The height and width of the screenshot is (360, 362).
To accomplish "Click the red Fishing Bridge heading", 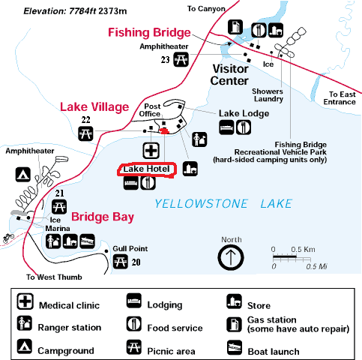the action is [149, 33].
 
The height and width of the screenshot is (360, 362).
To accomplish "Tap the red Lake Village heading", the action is [94, 107].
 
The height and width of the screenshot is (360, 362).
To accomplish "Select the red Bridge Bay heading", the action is [103, 217].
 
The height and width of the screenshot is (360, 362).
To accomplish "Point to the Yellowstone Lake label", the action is [223, 204].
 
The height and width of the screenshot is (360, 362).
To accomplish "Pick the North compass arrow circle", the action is [231, 257].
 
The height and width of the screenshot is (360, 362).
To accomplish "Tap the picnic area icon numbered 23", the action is [181, 59].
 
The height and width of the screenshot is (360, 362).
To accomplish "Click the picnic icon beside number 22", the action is [85, 133].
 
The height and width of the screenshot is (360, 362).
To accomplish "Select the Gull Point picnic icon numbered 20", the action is [121, 262].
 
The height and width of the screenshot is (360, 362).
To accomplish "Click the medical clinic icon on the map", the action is [151, 151].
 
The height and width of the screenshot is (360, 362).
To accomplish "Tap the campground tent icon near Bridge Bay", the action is [23, 175].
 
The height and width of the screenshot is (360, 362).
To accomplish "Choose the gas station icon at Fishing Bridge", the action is [235, 27].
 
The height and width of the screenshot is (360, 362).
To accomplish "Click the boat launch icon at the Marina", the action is [88, 241].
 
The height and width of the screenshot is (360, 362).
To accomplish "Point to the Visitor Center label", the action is [229, 75].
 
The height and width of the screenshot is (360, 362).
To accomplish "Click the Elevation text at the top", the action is [75, 11].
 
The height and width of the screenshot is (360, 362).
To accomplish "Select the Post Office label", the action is [150, 110].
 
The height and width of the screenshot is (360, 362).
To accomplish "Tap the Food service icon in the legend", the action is [133, 324].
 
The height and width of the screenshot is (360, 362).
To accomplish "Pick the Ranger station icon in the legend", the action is [25, 323].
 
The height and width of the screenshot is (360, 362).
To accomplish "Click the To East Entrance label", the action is [340, 98].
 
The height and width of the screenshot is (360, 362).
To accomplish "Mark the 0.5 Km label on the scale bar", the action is [303, 250].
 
